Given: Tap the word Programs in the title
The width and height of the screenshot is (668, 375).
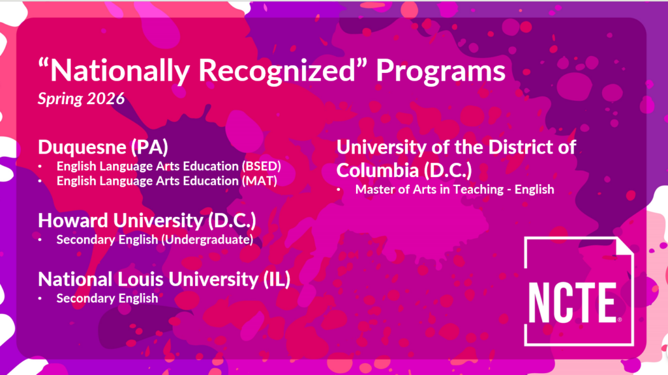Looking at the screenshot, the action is click(x=440, y=70).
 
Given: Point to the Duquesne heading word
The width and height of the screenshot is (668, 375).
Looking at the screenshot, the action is click(x=82, y=148).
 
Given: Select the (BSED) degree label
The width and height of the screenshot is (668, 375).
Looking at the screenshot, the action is click(x=262, y=166).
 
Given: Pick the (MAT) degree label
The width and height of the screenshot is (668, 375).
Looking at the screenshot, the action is click(x=260, y=181).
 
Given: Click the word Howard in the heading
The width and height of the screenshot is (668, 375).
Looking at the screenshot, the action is click(x=73, y=221).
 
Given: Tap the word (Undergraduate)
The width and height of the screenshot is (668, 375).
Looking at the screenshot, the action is click(x=209, y=240).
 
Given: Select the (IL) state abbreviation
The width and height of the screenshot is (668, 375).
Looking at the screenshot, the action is click(x=277, y=279).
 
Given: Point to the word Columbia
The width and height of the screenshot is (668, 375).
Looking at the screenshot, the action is click(x=378, y=170).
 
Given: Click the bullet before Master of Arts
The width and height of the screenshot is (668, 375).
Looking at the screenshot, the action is click(x=339, y=190).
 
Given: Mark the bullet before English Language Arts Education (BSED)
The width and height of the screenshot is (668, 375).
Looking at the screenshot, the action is click(x=40, y=167).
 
